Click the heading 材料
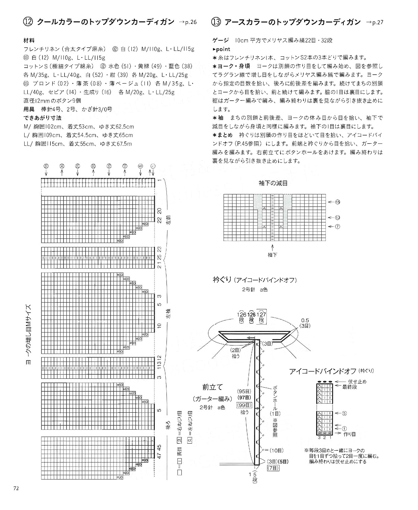29,40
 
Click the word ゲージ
221,40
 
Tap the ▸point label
221,49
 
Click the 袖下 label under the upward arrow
272,255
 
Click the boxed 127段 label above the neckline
262,317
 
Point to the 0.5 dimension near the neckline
305,320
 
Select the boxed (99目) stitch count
244,405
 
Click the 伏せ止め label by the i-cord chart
357,381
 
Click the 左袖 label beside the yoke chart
169,316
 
